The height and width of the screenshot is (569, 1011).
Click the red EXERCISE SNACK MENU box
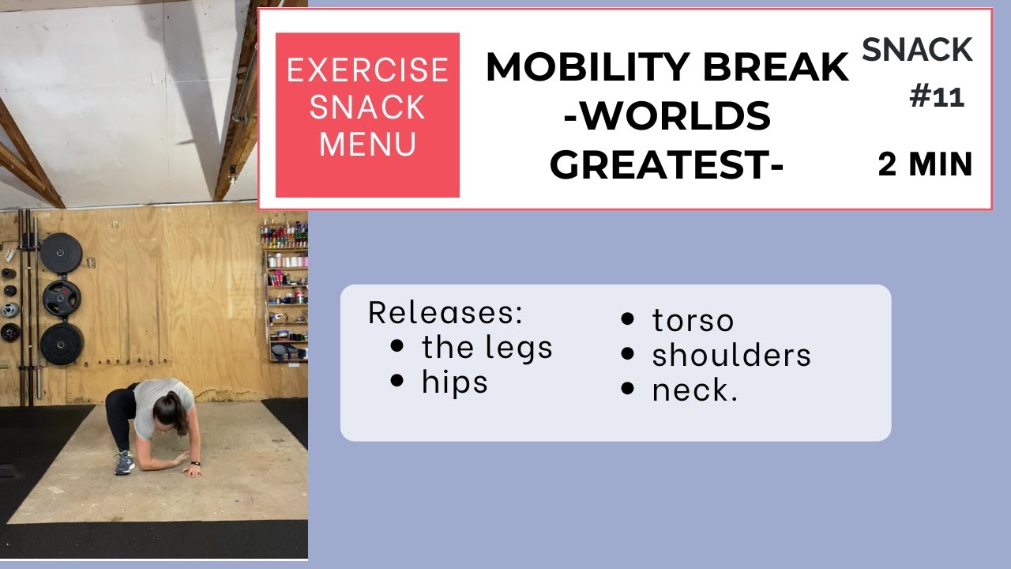coord(367,115)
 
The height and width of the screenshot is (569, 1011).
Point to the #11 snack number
coord(937,97)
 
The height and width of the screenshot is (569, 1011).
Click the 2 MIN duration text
coord(925,165)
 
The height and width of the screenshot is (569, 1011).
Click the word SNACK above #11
coord(917,51)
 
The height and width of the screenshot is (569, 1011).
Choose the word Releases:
coord(445,313)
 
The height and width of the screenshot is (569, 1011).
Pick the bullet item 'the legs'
coord(487,347)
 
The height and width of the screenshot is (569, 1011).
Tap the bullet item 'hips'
coord(454,382)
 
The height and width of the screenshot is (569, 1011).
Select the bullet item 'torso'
coord(693,320)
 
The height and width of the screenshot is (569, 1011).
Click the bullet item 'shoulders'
coord(731,356)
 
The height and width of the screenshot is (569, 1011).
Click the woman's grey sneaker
coord(125,463)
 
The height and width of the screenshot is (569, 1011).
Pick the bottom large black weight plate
coord(61,344)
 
